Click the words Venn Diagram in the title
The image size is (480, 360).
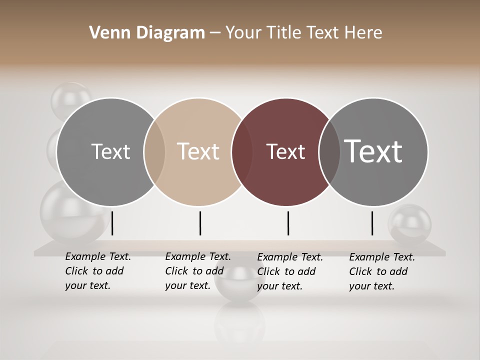coord(147,33)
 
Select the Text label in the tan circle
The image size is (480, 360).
coord(198,151)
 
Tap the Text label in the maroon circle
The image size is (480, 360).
coord(285,152)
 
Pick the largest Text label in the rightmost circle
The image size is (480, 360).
coord(373,151)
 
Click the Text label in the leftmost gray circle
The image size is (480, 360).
coord(110,151)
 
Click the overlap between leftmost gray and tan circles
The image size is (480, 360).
coord(154,152)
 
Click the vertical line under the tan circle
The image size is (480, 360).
coord(200,223)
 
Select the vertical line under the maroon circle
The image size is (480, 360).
coord(288,223)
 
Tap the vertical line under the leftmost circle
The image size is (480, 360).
coord(112,223)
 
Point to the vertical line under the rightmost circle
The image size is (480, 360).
coord(372,223)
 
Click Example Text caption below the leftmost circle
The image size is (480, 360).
coord(97,271)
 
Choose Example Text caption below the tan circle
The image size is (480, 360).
coord(197,271)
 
